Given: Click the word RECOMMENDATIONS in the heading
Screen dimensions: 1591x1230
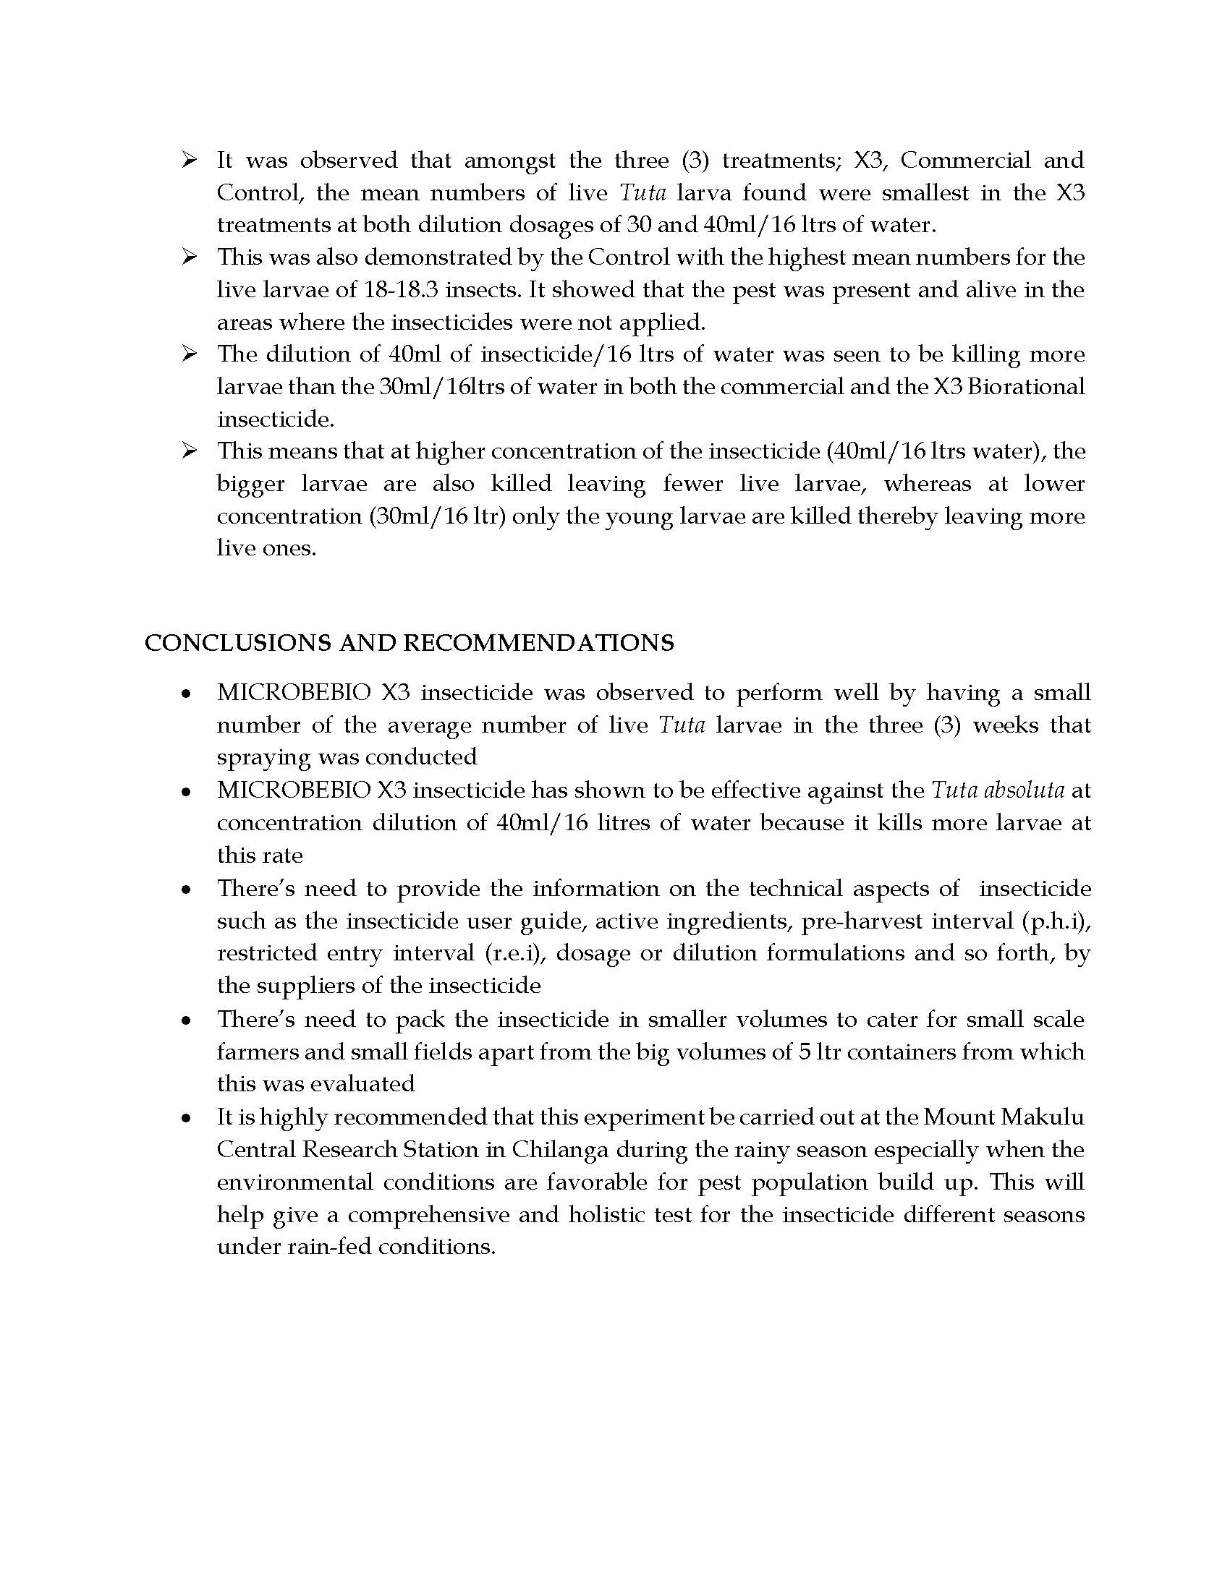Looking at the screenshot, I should [538, 642].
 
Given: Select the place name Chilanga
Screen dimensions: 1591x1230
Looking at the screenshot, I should [559, 1150].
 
